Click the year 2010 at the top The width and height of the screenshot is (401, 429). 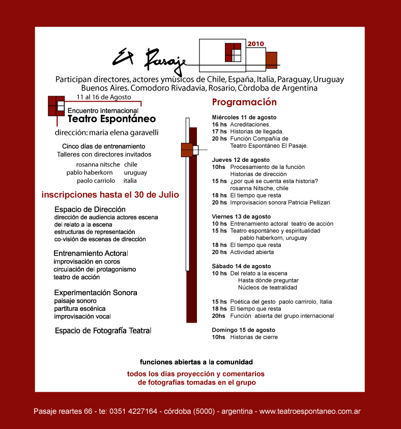255,44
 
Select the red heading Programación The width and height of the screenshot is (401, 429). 244,102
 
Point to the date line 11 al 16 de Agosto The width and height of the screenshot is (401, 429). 103,97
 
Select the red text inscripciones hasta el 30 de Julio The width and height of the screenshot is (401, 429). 110,194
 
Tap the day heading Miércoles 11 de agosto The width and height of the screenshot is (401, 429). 244,117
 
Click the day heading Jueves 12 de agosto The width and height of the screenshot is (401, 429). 241,159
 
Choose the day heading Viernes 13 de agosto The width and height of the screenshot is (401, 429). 241,216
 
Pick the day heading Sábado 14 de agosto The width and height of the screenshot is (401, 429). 241,266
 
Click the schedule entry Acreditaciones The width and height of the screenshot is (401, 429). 250,124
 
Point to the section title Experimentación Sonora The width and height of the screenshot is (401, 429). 95,293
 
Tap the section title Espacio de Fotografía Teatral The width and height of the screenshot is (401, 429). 103,331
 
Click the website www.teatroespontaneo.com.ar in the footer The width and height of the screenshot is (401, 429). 310,411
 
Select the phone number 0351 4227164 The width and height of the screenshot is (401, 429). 133,411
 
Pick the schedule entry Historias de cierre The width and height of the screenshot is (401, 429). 253,337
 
